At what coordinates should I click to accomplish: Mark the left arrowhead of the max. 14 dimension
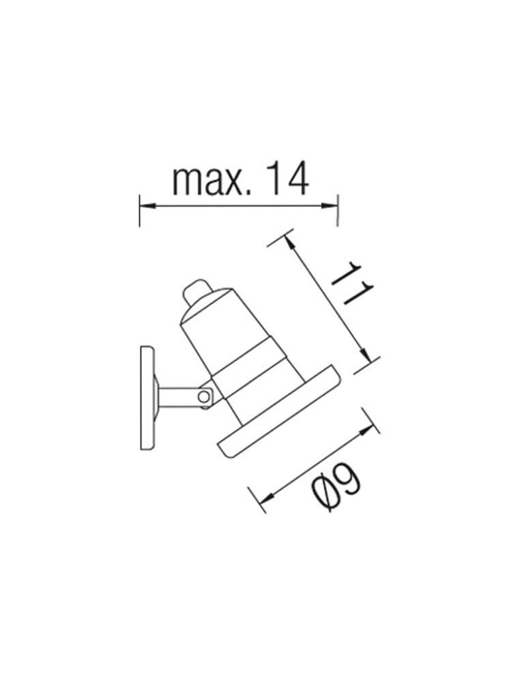point(145,204)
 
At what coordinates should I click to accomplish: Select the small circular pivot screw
point(203,396)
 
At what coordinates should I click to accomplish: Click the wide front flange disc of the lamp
point(280,415)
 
